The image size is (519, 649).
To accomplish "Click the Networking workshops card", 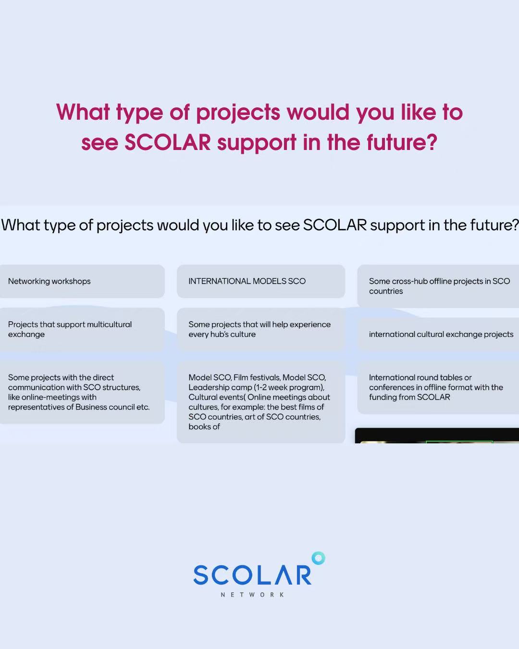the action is click(82, 281).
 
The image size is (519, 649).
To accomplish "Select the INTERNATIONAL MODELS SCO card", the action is click(261, 281).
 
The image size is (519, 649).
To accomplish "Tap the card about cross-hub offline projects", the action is click(438, 286).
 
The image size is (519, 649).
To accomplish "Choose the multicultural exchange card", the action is click(82, 329).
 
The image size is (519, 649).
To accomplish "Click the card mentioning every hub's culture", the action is click(261, 329).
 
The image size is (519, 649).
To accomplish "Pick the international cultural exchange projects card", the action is click(438, 334).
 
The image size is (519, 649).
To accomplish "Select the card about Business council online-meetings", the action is click(82, 392).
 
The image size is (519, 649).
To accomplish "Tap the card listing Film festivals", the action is click(261, 402).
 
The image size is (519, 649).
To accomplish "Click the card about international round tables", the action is click(438, 387).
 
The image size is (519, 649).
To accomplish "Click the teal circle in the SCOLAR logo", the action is click(318, 558).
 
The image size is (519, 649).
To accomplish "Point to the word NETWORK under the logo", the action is click(252, 594).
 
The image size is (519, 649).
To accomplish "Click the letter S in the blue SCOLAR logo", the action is click(201, 574).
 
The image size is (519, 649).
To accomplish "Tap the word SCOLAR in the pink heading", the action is click(168, 142).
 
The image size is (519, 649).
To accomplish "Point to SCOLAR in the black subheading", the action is click(335, 225).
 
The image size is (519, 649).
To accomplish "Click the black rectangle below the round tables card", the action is click(437, 436).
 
